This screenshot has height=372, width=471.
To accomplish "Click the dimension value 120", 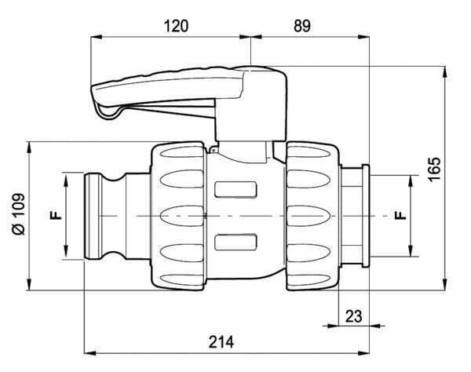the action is pos(177,26).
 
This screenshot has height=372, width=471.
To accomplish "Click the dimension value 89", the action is pos(302,26).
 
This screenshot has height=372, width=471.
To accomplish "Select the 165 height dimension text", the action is pos(435,169).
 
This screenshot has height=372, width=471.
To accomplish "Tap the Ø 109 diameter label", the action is pos(19,213).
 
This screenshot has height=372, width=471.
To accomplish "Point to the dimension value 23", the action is pos(353,316).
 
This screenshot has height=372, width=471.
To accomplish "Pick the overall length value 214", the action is pos(221,342).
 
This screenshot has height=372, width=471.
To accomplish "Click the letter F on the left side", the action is pos(56,215).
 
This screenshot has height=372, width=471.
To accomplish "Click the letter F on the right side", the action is pos(400,215).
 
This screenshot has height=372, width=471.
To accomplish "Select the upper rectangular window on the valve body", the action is pos(235,189).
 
